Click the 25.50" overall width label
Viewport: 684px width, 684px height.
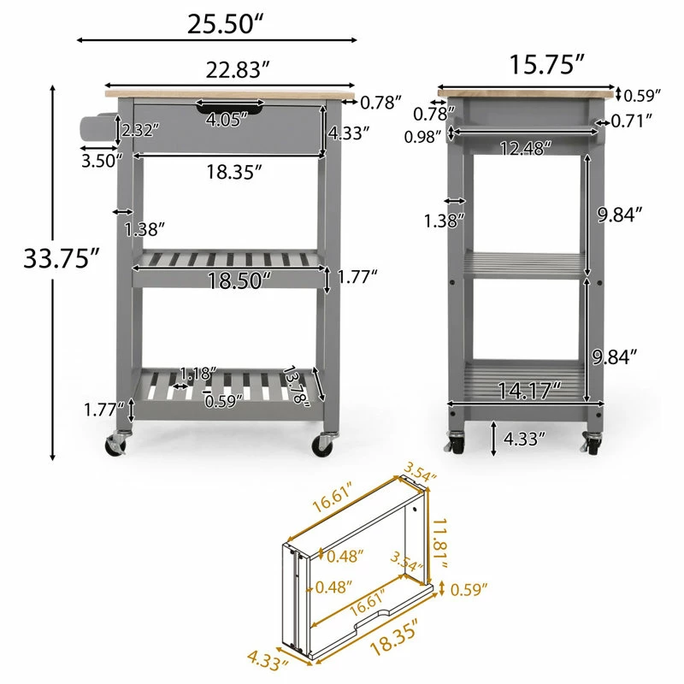click(226, 24)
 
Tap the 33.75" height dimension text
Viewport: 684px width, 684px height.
click(62, 258)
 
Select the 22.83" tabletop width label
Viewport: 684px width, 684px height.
click(238, 69)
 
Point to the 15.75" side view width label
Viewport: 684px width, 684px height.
click(546, 64)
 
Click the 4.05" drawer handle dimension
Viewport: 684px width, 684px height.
click(227, 120)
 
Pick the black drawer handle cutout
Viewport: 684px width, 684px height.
click(229, 108)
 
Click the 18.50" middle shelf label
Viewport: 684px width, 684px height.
click(239, 280)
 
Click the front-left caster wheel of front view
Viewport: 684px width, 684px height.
click(116, 445)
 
